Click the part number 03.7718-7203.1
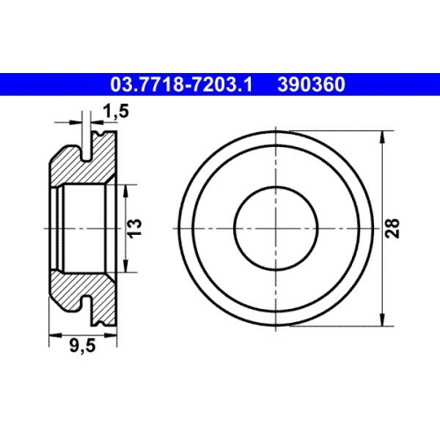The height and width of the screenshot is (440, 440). (181, 84)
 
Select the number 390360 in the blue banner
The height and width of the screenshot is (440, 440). (312, 84)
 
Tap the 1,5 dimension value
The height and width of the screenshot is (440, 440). (115, 111)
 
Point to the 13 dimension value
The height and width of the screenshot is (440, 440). (136, 228)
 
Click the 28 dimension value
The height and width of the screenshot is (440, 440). (392, 228)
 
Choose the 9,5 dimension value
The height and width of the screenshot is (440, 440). (83, 346)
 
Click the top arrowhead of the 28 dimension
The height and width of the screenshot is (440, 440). (382, 136)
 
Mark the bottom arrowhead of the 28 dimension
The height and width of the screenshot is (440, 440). (382, 319)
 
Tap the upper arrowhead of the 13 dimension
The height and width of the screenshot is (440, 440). (126, 191)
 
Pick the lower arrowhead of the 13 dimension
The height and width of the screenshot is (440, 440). (126, 266)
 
